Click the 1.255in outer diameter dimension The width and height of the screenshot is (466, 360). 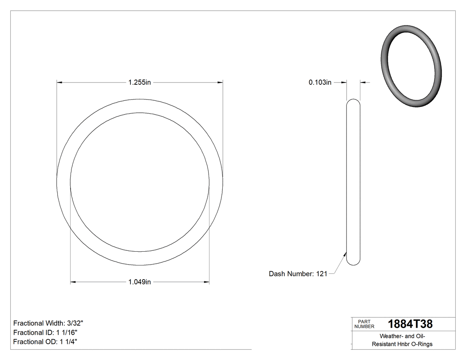[140, 82]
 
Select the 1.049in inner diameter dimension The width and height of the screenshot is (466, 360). [140, 282]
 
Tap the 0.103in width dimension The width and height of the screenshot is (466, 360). [320, 82]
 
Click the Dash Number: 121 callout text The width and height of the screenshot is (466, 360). [298, 274]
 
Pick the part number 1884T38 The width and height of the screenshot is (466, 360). [410, 324]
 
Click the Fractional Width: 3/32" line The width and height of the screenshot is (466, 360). [48, 323]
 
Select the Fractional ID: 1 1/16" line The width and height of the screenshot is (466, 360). [47, 332]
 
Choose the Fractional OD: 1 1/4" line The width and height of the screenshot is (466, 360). [46, 342]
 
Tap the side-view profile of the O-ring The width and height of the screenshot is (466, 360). [353, 182]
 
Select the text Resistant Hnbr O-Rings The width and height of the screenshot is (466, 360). [402, 344]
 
